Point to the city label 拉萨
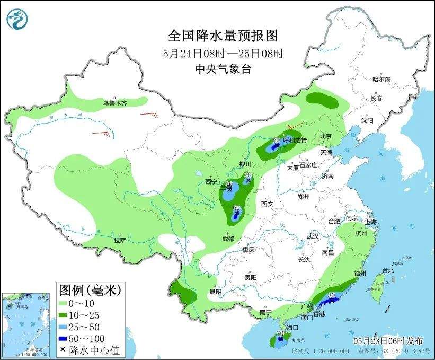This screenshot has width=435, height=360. (120, 240)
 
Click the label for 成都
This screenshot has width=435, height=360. (228, 239)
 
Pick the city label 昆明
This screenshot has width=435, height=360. (216, 291)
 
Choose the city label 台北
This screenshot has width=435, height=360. (388, 270)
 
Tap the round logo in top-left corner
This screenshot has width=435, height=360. (17, 19)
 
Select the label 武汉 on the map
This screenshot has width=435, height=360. (313, 236)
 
